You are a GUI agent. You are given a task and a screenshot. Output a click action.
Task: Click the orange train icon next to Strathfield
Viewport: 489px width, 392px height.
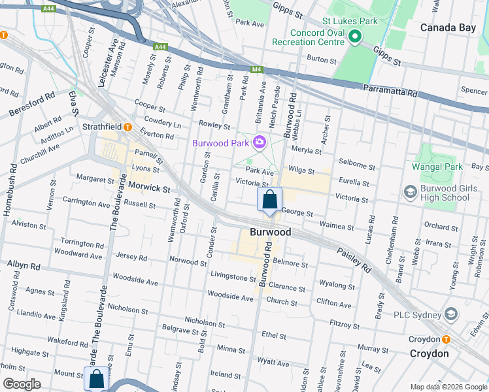128,127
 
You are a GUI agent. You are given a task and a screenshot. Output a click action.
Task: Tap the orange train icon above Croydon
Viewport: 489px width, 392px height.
446,340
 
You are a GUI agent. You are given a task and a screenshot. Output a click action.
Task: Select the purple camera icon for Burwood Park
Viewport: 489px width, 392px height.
260,142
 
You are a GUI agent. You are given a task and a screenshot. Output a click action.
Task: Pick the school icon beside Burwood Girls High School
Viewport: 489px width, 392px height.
411,191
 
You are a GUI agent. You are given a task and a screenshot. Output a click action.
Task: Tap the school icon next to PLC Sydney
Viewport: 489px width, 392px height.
450,315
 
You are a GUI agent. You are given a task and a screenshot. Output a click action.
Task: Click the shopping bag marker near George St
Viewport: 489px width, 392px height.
269,200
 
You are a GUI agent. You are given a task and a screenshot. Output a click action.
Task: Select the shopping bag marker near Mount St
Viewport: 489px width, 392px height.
96,379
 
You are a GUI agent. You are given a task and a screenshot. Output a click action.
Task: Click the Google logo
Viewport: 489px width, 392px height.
22,384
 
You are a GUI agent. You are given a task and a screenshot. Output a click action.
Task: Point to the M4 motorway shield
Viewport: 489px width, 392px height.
257,69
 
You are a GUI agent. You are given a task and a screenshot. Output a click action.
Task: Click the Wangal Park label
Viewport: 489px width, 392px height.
437,167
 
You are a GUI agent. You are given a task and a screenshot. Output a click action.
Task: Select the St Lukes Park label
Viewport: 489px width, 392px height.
350,20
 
